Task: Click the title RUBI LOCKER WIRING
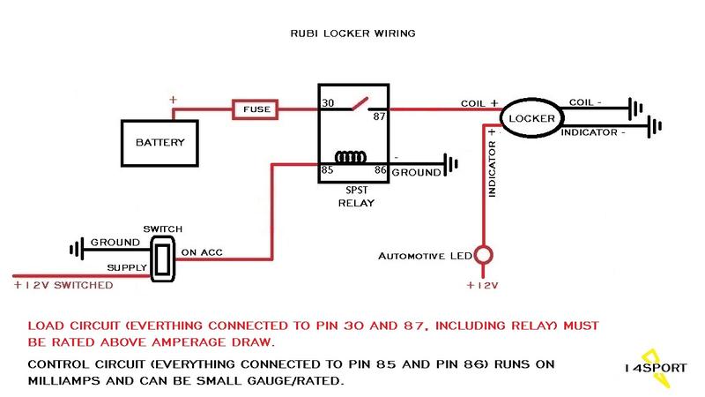click(353, 34)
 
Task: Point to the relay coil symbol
click(350, 157)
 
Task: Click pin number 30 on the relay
click(328, 103)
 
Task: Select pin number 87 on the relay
click(379, 116)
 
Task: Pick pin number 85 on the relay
click(327, 170)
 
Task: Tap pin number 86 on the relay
click(381, 170)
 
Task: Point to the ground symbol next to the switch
click(77, 249)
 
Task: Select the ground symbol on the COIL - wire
click(635, 109)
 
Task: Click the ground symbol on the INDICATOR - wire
click(655, 126)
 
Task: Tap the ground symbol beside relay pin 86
click(451, 165)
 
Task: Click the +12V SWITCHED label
click(63, 285)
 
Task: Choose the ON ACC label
click(202, 252)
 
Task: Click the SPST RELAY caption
click(356, 196)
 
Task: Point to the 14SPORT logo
click(656, 368)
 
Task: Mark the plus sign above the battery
click(173, 100)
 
